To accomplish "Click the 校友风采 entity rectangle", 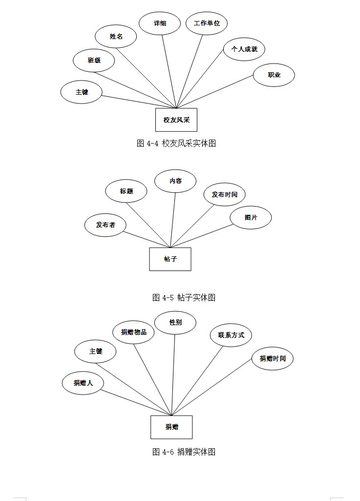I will click(x=176, y=120).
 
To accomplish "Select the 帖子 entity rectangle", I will click(x=170, y=259).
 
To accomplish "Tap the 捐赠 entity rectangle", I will click(x=171, y=427).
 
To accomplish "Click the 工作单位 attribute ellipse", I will click(x=207, y=23).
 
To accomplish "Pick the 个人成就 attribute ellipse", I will click(x=244, y=49).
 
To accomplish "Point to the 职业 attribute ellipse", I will click(x=274, y=75).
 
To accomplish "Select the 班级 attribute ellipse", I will click(x=94, y=61).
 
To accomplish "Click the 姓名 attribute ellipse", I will click(x=116, y=37).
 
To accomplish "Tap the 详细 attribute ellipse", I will click(x=160, y=23).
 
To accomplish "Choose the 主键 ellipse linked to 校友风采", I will click(x=82, y=92).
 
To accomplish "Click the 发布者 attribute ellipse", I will click(x=106, y=225).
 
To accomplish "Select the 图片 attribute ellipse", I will click(x=251, y=218).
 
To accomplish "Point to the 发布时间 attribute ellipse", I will click(x=224, y=194).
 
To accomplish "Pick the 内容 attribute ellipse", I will click(x=175, y=181).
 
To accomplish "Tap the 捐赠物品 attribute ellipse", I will click(x=133, y=333).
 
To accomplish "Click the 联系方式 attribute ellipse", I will click(x=231, y=335).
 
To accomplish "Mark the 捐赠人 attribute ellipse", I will click(x=83, y=383).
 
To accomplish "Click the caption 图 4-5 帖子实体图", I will click(x=184, y=297).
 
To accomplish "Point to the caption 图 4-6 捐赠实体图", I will click(x=184, y=452).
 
